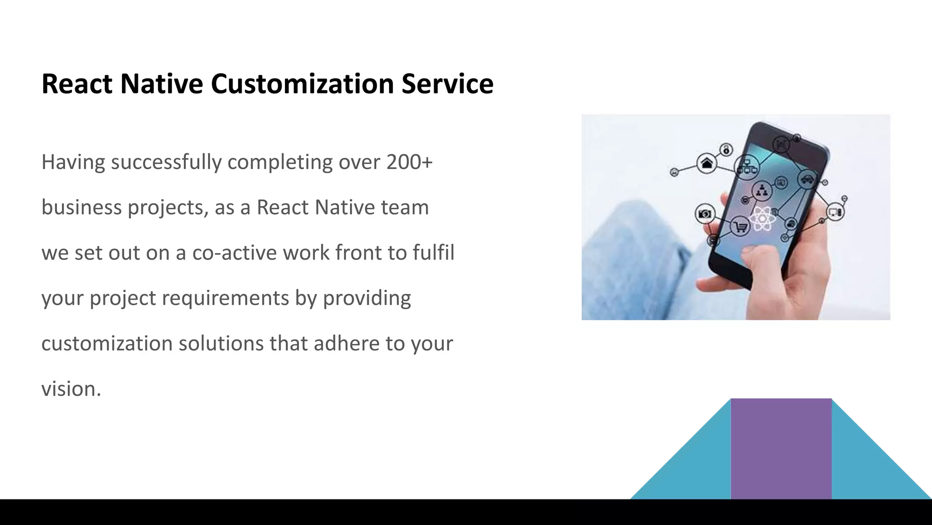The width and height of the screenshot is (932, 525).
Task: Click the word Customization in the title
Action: (x=302, y=84)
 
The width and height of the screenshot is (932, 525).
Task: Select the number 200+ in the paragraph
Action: (x=409, y=162)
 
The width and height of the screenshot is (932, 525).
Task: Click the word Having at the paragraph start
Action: (x=73, y=162)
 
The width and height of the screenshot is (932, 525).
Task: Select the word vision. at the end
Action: (x=71, y=389)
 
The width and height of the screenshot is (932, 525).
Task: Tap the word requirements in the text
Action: (x=225, y=299)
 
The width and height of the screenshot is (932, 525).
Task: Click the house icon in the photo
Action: (x=707, y=163)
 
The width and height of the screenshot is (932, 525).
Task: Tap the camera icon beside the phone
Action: (x=705, y=214)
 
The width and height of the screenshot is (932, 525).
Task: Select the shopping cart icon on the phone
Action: (x=740, y=226)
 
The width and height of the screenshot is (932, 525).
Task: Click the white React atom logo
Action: (x=762, y=219)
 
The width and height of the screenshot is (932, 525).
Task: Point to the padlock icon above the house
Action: (x=726, y=149)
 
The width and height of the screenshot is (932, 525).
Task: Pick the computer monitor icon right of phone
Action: (x=836, y=212)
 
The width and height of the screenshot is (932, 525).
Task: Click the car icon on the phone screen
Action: (x=807, y=179)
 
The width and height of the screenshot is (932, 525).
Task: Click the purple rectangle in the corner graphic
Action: (x=781, y=448)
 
